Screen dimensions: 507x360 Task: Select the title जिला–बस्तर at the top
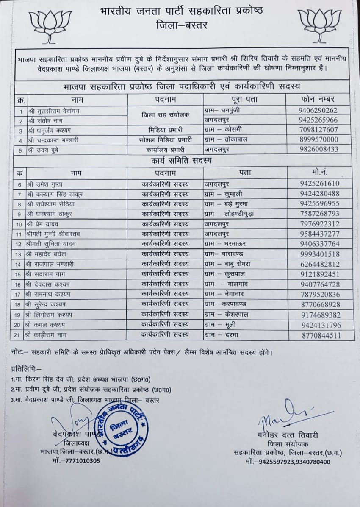[182, 25]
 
